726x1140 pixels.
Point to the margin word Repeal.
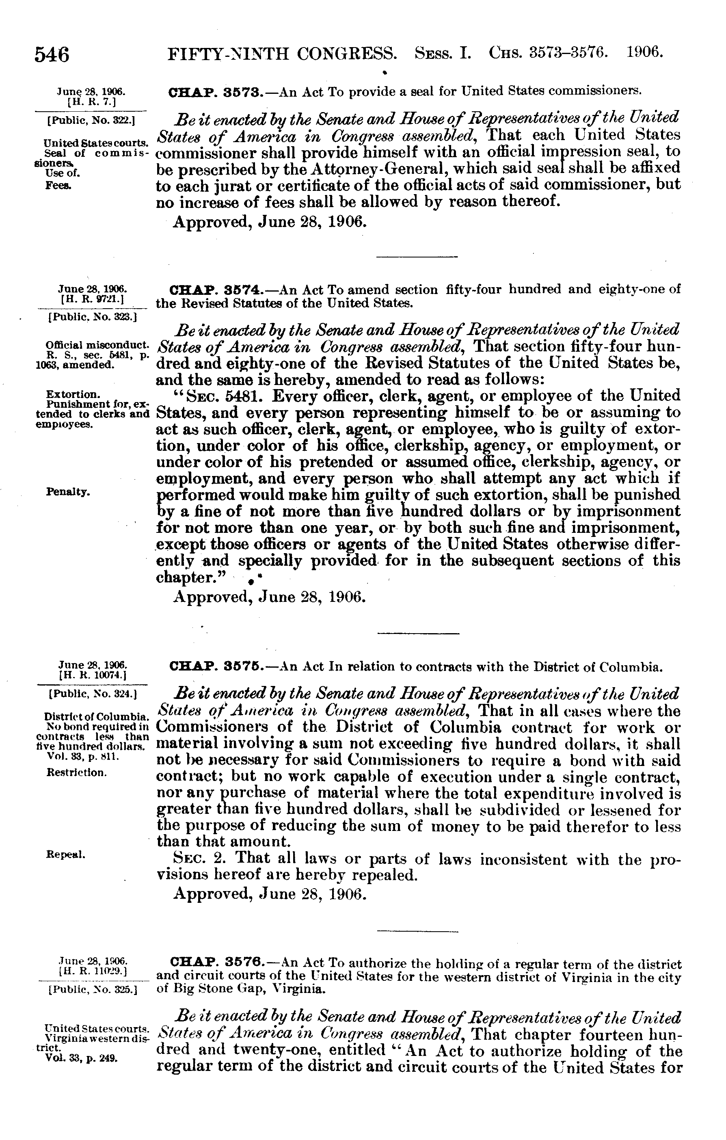point(66,855)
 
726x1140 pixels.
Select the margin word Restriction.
point(76,772)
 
